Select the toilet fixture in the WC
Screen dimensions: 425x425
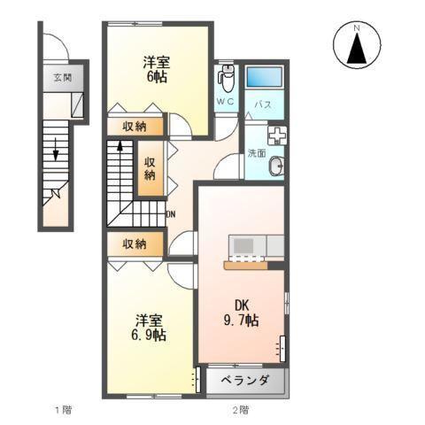tap(226, 79)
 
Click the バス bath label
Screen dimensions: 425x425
tap(263, 104)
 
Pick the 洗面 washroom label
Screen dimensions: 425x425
tap(257, 152)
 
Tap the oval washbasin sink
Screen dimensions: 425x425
tap(276, 164)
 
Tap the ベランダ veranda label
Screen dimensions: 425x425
tap(244, 382)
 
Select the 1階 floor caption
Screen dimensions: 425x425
tap(61, 410)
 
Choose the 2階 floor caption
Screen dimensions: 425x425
tap(240, 410)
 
